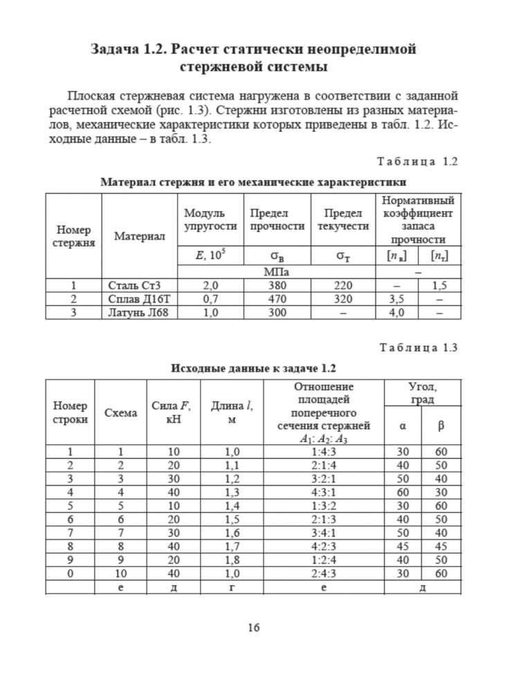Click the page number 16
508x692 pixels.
253,628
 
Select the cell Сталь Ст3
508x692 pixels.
134,285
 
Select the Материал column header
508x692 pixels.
139,237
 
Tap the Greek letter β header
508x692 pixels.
442,425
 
